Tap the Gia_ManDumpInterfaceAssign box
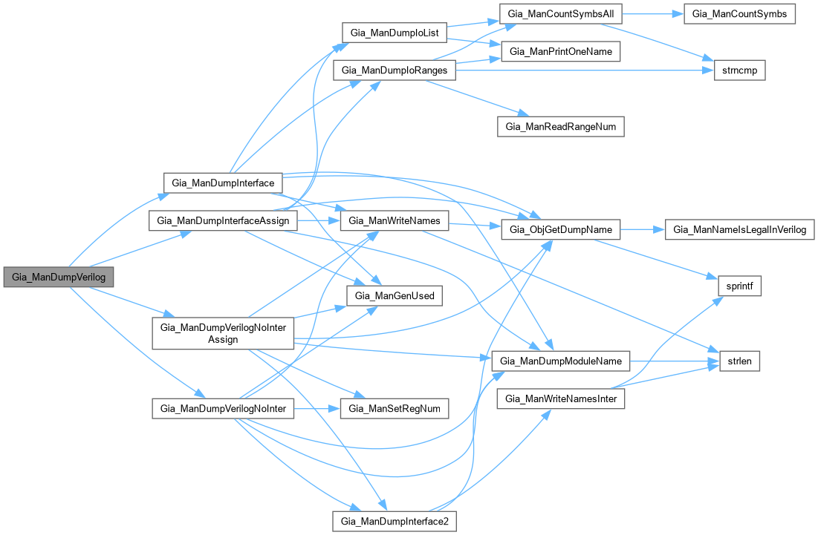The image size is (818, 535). pos(224,220)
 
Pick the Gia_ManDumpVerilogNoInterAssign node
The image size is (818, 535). pos(224,333)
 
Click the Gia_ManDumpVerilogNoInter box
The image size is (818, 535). pos(224,408)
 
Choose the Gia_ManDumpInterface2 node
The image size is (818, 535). pos(394,521)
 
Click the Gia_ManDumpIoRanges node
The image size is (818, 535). pos(394,70)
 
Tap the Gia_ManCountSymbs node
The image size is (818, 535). pos(739,14)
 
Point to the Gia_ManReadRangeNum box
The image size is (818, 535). pos(560,127)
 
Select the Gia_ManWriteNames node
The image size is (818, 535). pos(394,220)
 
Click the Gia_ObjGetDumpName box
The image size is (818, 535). pos(560,229)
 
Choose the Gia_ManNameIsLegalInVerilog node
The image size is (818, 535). pos(739,229)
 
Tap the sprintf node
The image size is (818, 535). pos(739,286)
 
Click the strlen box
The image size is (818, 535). pos(739,361)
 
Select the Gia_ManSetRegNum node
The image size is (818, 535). pos(394,408)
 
